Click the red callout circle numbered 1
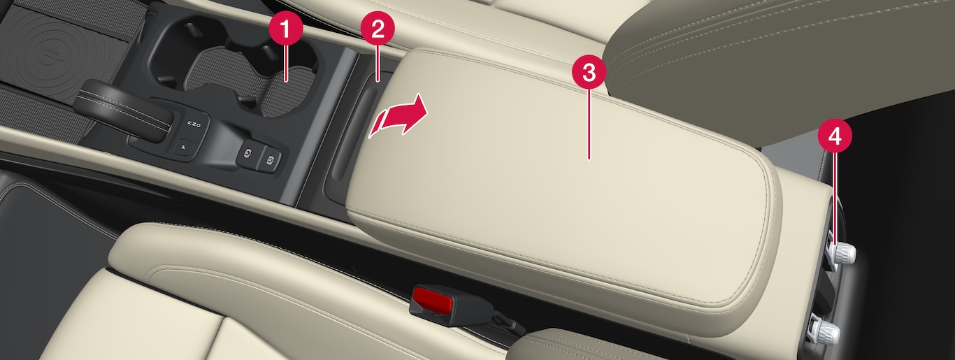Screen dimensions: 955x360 (286, 29)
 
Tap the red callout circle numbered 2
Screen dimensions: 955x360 (378, 29)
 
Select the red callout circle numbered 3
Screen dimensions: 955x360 (589, 73)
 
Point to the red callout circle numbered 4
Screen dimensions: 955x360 (835, 137)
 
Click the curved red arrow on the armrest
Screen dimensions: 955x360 (398, 116)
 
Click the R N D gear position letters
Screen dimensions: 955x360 (194, 124)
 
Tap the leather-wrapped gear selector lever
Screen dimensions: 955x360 (124, 110)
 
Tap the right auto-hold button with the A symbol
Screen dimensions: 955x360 (270, 160)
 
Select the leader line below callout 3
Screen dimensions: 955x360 (589, 124)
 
